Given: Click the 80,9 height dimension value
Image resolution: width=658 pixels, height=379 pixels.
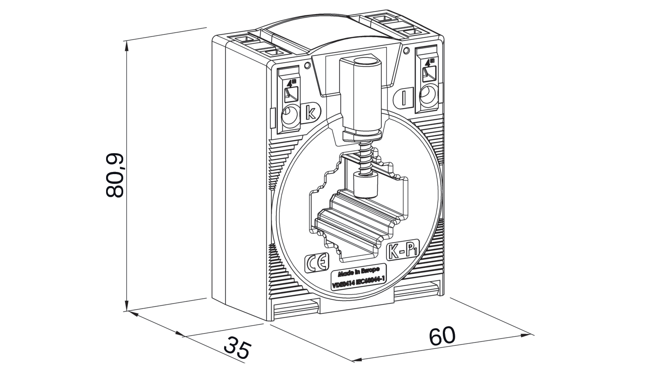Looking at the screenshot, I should tap(115, 175).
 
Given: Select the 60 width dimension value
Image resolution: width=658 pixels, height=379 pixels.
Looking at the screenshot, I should tap(442, 336).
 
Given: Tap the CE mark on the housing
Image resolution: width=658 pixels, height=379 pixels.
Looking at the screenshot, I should tap(316, 264).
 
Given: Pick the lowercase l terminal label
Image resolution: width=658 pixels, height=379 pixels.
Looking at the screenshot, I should tap(404, 98).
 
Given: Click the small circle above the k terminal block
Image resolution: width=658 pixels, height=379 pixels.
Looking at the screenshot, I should tap(307, 66).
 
